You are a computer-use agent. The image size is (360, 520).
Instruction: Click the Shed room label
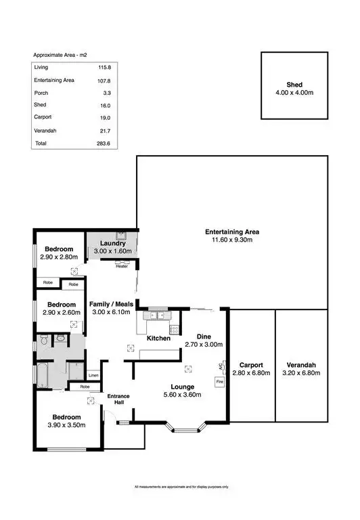coord(294,85)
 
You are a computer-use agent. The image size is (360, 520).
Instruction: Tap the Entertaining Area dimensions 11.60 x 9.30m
coord(232,240)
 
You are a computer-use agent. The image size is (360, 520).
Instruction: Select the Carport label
coord(251,364)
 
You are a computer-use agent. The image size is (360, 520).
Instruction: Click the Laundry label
coord(112,243)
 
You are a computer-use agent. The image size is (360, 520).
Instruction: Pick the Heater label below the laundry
coord(122,266)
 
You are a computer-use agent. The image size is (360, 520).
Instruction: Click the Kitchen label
coord(158,338)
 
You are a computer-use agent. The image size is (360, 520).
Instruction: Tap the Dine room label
coord(204,336)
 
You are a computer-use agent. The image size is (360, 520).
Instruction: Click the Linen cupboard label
coord(93,375)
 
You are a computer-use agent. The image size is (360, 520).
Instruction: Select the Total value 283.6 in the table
coord(104,144)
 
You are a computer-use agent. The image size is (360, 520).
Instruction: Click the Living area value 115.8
coord(104,67)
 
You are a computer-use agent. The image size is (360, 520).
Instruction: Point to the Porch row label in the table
coord(41,93)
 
